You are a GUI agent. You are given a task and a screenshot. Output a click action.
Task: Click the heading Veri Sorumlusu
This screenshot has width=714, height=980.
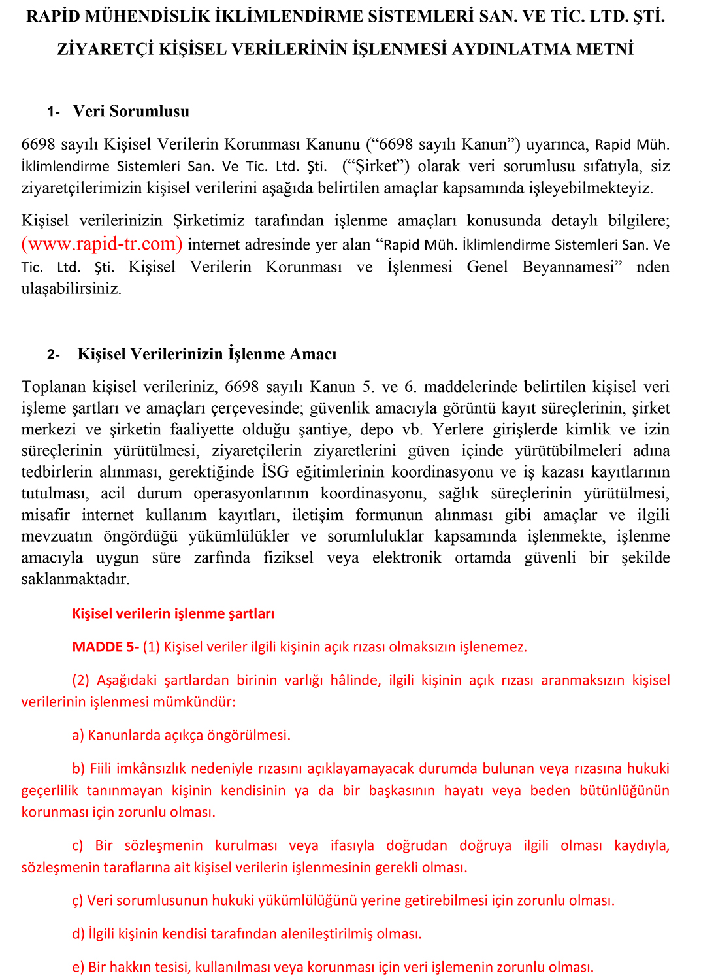[131, 112]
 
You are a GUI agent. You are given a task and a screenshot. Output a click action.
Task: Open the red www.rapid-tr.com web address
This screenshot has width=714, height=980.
[102, 244]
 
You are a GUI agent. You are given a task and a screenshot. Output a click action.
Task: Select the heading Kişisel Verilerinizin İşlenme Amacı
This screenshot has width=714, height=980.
[207, 355]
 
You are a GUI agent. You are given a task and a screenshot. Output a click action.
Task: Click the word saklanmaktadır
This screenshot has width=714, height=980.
[75, 580]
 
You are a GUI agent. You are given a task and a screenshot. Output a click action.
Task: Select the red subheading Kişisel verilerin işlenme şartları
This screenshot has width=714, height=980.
[173, 614]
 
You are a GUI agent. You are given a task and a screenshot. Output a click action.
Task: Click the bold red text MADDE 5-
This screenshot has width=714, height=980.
[105, 647]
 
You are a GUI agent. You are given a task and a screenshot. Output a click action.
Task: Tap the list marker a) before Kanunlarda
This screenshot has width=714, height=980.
[78, 736]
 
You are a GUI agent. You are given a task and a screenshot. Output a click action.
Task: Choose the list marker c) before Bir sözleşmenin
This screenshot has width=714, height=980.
[78, 846]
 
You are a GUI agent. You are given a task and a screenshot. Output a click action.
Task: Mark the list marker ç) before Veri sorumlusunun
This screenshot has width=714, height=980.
[78, 901]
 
